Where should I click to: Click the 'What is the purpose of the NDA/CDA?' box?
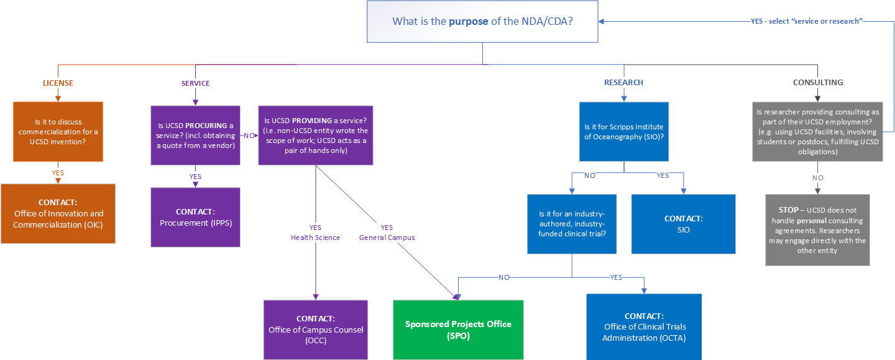pos(482,21)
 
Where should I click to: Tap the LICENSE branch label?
pos(58,83)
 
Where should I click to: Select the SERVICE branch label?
pos(195,83)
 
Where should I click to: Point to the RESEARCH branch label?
pos(623,82)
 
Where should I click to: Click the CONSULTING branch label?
pos(818,82)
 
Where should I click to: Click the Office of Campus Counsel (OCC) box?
pos(315,330)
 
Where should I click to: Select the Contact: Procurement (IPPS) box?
pos(195,217)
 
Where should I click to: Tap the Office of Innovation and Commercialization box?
pos(58,213)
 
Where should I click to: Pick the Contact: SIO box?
pos(683,224)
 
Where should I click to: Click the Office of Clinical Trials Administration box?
pos(643,327)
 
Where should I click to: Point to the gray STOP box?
pos(817,230)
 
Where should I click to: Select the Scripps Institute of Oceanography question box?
pos(623,131)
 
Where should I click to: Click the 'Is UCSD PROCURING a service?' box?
pos(195,135)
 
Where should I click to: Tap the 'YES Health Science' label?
pos(315,233)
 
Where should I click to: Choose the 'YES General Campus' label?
pos(387,233)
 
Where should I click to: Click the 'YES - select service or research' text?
pos(806,21)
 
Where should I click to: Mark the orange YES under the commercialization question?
pos(58,173)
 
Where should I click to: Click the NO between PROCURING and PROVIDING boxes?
pos(249,134)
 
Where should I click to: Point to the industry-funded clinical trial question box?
pos(572,224)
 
